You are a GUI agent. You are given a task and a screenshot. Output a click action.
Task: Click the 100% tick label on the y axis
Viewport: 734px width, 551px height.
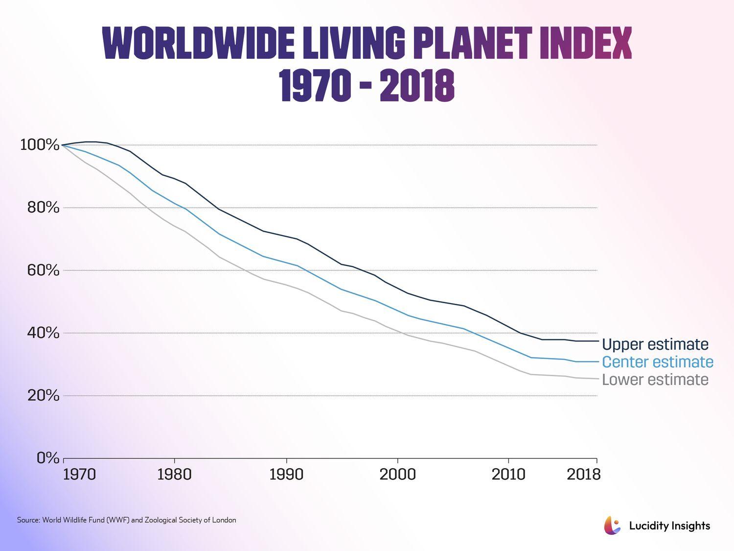(x=40, y=145)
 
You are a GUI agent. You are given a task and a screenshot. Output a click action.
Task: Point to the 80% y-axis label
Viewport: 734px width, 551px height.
(x=43, y=208)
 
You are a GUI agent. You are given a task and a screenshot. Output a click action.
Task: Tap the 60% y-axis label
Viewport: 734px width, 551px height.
(x=43, y=270)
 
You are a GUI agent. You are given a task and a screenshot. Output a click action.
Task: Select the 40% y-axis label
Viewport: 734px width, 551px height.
(x=43, y=333)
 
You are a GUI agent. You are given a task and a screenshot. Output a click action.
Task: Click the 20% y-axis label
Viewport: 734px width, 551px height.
(x=43, y=395)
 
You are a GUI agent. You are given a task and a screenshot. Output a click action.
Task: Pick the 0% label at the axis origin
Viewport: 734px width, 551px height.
(x=48, y=458)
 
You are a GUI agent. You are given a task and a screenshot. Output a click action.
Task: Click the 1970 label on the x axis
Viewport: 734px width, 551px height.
(x=79, y=475)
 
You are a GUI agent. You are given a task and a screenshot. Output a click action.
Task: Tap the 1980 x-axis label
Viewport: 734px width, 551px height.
(x=175, y=475)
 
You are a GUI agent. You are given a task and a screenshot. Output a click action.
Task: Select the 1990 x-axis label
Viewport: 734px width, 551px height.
(x=286, y=475)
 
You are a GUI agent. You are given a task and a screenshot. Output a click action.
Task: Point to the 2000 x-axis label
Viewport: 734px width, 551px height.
(x=398, y=475)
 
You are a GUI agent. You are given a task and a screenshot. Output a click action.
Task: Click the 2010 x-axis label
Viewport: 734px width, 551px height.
(x=509, y=475)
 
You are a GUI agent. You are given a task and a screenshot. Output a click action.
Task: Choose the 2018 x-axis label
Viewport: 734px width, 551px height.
(x=583, y=475)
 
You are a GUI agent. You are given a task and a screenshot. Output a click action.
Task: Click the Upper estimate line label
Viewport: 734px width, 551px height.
(x=655, y=344)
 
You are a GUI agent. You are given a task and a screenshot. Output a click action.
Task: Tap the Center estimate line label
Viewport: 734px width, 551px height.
(x=658, y=362)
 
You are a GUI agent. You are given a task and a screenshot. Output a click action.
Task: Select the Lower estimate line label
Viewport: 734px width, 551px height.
(x=655, y=380)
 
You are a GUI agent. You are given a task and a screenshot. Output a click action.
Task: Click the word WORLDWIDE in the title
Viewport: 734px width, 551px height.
(x=198, y=44)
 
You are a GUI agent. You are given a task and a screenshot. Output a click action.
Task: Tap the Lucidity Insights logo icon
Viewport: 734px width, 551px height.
(x=612, y=526)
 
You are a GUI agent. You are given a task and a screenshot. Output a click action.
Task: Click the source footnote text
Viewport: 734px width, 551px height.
(x=126, y=520)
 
